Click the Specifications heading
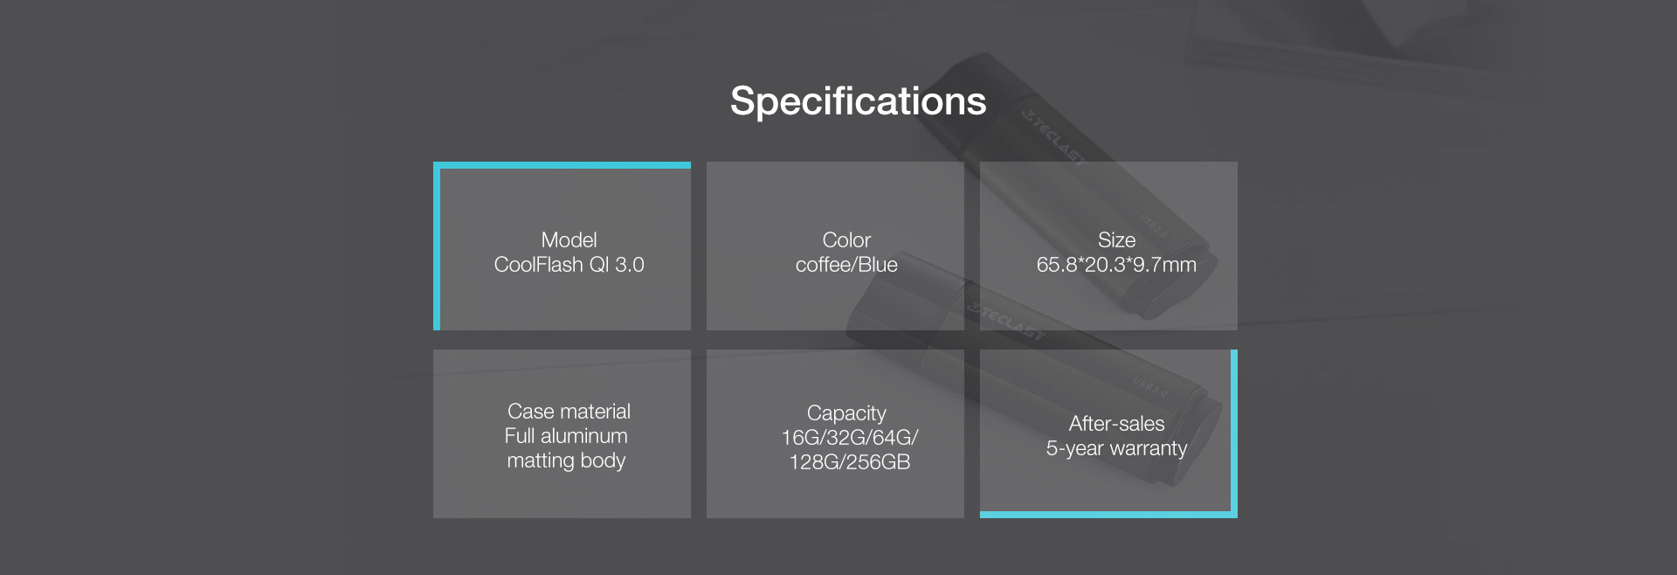pos(858,102)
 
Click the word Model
pos(569,240)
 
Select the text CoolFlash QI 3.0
pos(569,265)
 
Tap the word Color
pos(846,240)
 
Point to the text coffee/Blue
pos(846,265)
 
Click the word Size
pos(1116,240)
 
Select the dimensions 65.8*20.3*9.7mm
pos(1116,265)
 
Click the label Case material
pos(569,412)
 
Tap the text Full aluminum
pos(566,436)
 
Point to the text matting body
pos(566,461)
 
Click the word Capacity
pos(846,413)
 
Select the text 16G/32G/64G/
pos(850,438)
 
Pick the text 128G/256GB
pos(850,462)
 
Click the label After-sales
pos(1116,424)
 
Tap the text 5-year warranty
pos(1116,448)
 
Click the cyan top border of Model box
pos(562,165)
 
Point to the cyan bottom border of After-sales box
pos(1108,515)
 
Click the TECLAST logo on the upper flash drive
pos(1054,138)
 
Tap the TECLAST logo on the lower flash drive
pos(1005,320)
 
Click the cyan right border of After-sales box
pos(1234,433)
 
